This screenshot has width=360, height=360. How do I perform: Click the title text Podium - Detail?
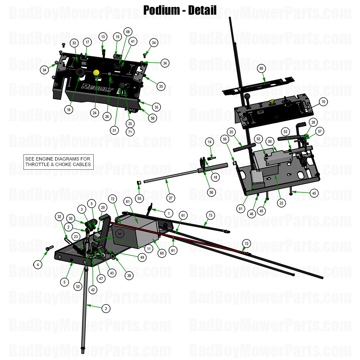(x=180, y=10)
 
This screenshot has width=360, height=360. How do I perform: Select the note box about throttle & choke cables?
(x=58, y=162)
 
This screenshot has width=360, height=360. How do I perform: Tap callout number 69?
(x=262, y=69)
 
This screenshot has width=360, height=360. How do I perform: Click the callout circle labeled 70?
(x=323, y=102)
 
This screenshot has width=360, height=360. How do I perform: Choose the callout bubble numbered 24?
(x=95, y=113)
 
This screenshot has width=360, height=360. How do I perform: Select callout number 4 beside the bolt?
(x=37, y=264)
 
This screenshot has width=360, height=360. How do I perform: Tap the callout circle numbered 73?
(x=210, y=215)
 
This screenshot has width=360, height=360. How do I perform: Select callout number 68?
(x=127, y=32)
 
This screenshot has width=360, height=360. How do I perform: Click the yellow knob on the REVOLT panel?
(x=97, y=73)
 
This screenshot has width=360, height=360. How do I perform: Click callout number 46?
(x=251, y=214)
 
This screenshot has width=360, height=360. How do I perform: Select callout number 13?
(x=103, y=37)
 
